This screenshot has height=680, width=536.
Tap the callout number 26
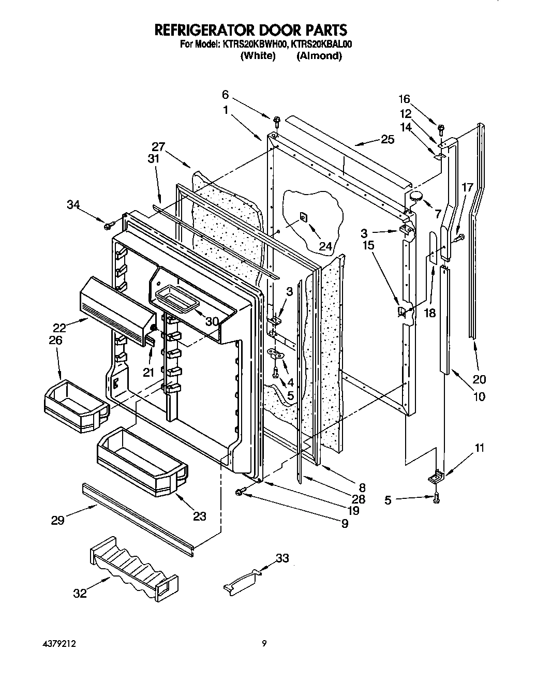[55, 340]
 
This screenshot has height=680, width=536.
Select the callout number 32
[80, 594]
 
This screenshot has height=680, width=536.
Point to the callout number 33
[282, 558]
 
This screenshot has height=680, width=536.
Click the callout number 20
[479, 379]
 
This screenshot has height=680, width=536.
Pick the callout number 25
[387, 139]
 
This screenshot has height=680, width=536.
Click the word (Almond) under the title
[319, 56]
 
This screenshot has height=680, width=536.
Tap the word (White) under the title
[258, 56]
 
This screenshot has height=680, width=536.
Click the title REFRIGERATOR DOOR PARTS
[251, 30]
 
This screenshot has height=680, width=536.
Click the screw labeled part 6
[276, 122]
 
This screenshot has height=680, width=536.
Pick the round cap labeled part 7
[416, 196]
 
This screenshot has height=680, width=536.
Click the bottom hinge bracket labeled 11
[438, 475]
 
